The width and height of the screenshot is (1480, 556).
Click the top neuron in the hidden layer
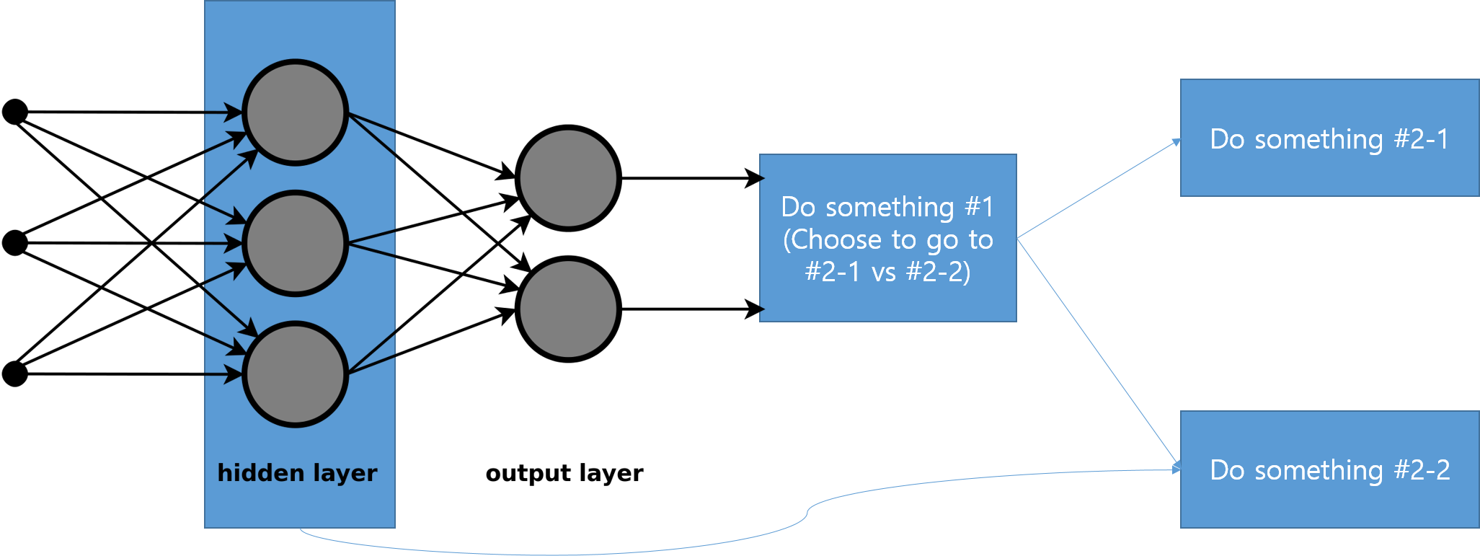point(296,112)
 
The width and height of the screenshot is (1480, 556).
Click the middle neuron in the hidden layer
point(296,243)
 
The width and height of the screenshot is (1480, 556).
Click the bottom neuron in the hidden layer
point(296,374)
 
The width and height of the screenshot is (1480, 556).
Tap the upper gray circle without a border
point(568,178)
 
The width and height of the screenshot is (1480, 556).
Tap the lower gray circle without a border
point(568,309)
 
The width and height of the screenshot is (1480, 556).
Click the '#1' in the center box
point(979,208)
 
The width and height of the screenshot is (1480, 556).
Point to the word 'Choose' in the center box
point(833,239)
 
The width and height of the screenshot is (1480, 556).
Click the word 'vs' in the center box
point(884,272)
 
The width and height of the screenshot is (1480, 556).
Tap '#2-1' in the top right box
point(1421,139)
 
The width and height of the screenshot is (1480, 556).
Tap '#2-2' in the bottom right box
point(1422,470)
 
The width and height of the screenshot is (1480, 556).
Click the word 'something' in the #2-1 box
point(1319,139)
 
